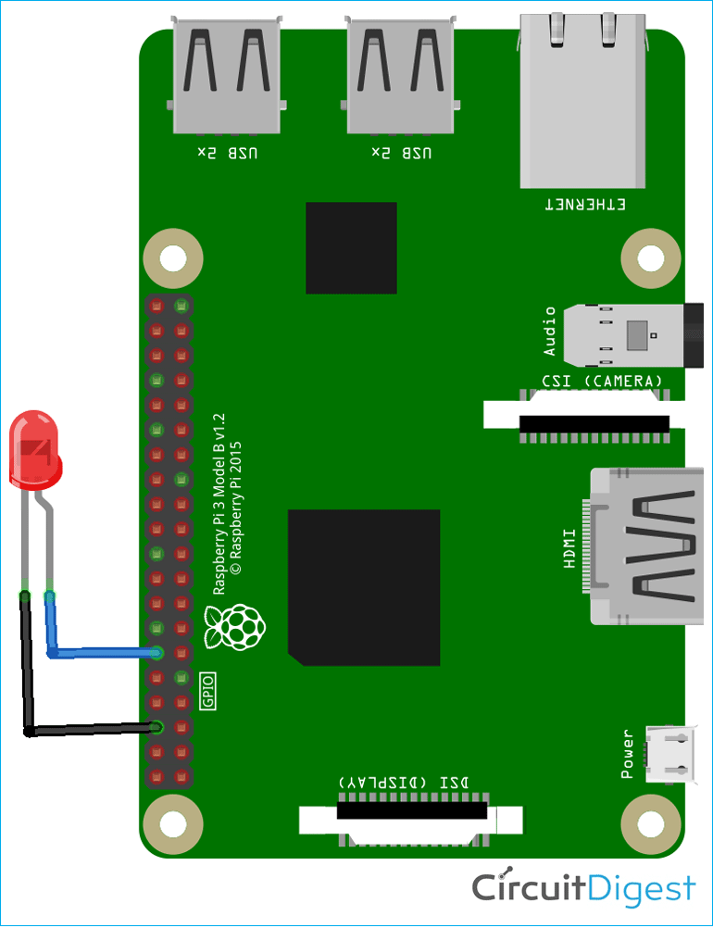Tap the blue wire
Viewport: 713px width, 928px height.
pos(102,653)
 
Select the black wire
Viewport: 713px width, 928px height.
pos(88,730)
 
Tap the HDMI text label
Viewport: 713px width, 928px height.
pos(569,546)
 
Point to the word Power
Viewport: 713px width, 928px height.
pos(628,753)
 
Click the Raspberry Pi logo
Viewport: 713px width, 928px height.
pos(235,627)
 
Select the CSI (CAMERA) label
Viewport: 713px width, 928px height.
pos(602,381)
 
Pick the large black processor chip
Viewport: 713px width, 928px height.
pos(363,586)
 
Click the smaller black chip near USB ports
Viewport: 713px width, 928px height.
pos(351,247)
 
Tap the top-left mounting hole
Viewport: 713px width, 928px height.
pos(172,257)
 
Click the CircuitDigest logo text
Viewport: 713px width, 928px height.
pos(583,887)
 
